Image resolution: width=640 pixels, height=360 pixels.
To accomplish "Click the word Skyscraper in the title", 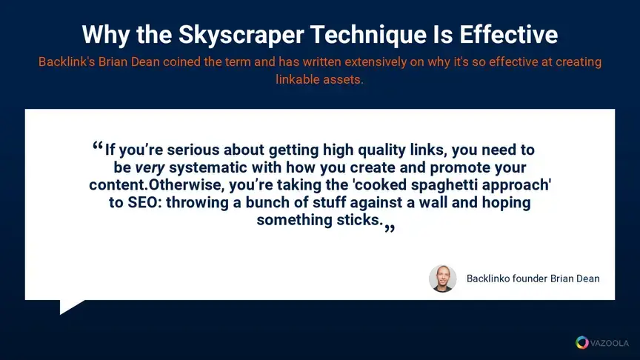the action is [x=241, y=35].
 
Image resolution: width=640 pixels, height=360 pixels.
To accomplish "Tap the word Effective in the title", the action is [x=509, y=34].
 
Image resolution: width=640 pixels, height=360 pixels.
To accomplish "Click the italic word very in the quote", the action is [x=150, y=167].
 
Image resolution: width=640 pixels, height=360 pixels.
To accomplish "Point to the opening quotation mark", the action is [x=98, y=146].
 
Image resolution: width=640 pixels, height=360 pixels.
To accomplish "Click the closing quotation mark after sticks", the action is [x=390, y=229].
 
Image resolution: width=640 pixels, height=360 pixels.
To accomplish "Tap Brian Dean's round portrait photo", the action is [x=442, y=279].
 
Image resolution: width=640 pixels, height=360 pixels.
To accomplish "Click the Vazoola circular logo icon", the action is [x=582, y=342].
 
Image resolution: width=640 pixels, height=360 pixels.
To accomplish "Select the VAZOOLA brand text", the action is [x=610, y=343].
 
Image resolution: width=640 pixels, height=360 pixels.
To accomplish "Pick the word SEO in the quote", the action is [x=142, y=202].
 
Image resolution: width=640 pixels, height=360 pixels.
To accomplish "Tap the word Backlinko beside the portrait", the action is [x=487, y=279].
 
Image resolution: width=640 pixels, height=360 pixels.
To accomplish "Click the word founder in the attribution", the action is [x=530, y=279].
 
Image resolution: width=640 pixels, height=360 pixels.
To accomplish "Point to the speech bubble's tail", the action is [x=70, y=306].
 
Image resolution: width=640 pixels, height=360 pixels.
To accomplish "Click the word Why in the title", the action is [x=106, y=35].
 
